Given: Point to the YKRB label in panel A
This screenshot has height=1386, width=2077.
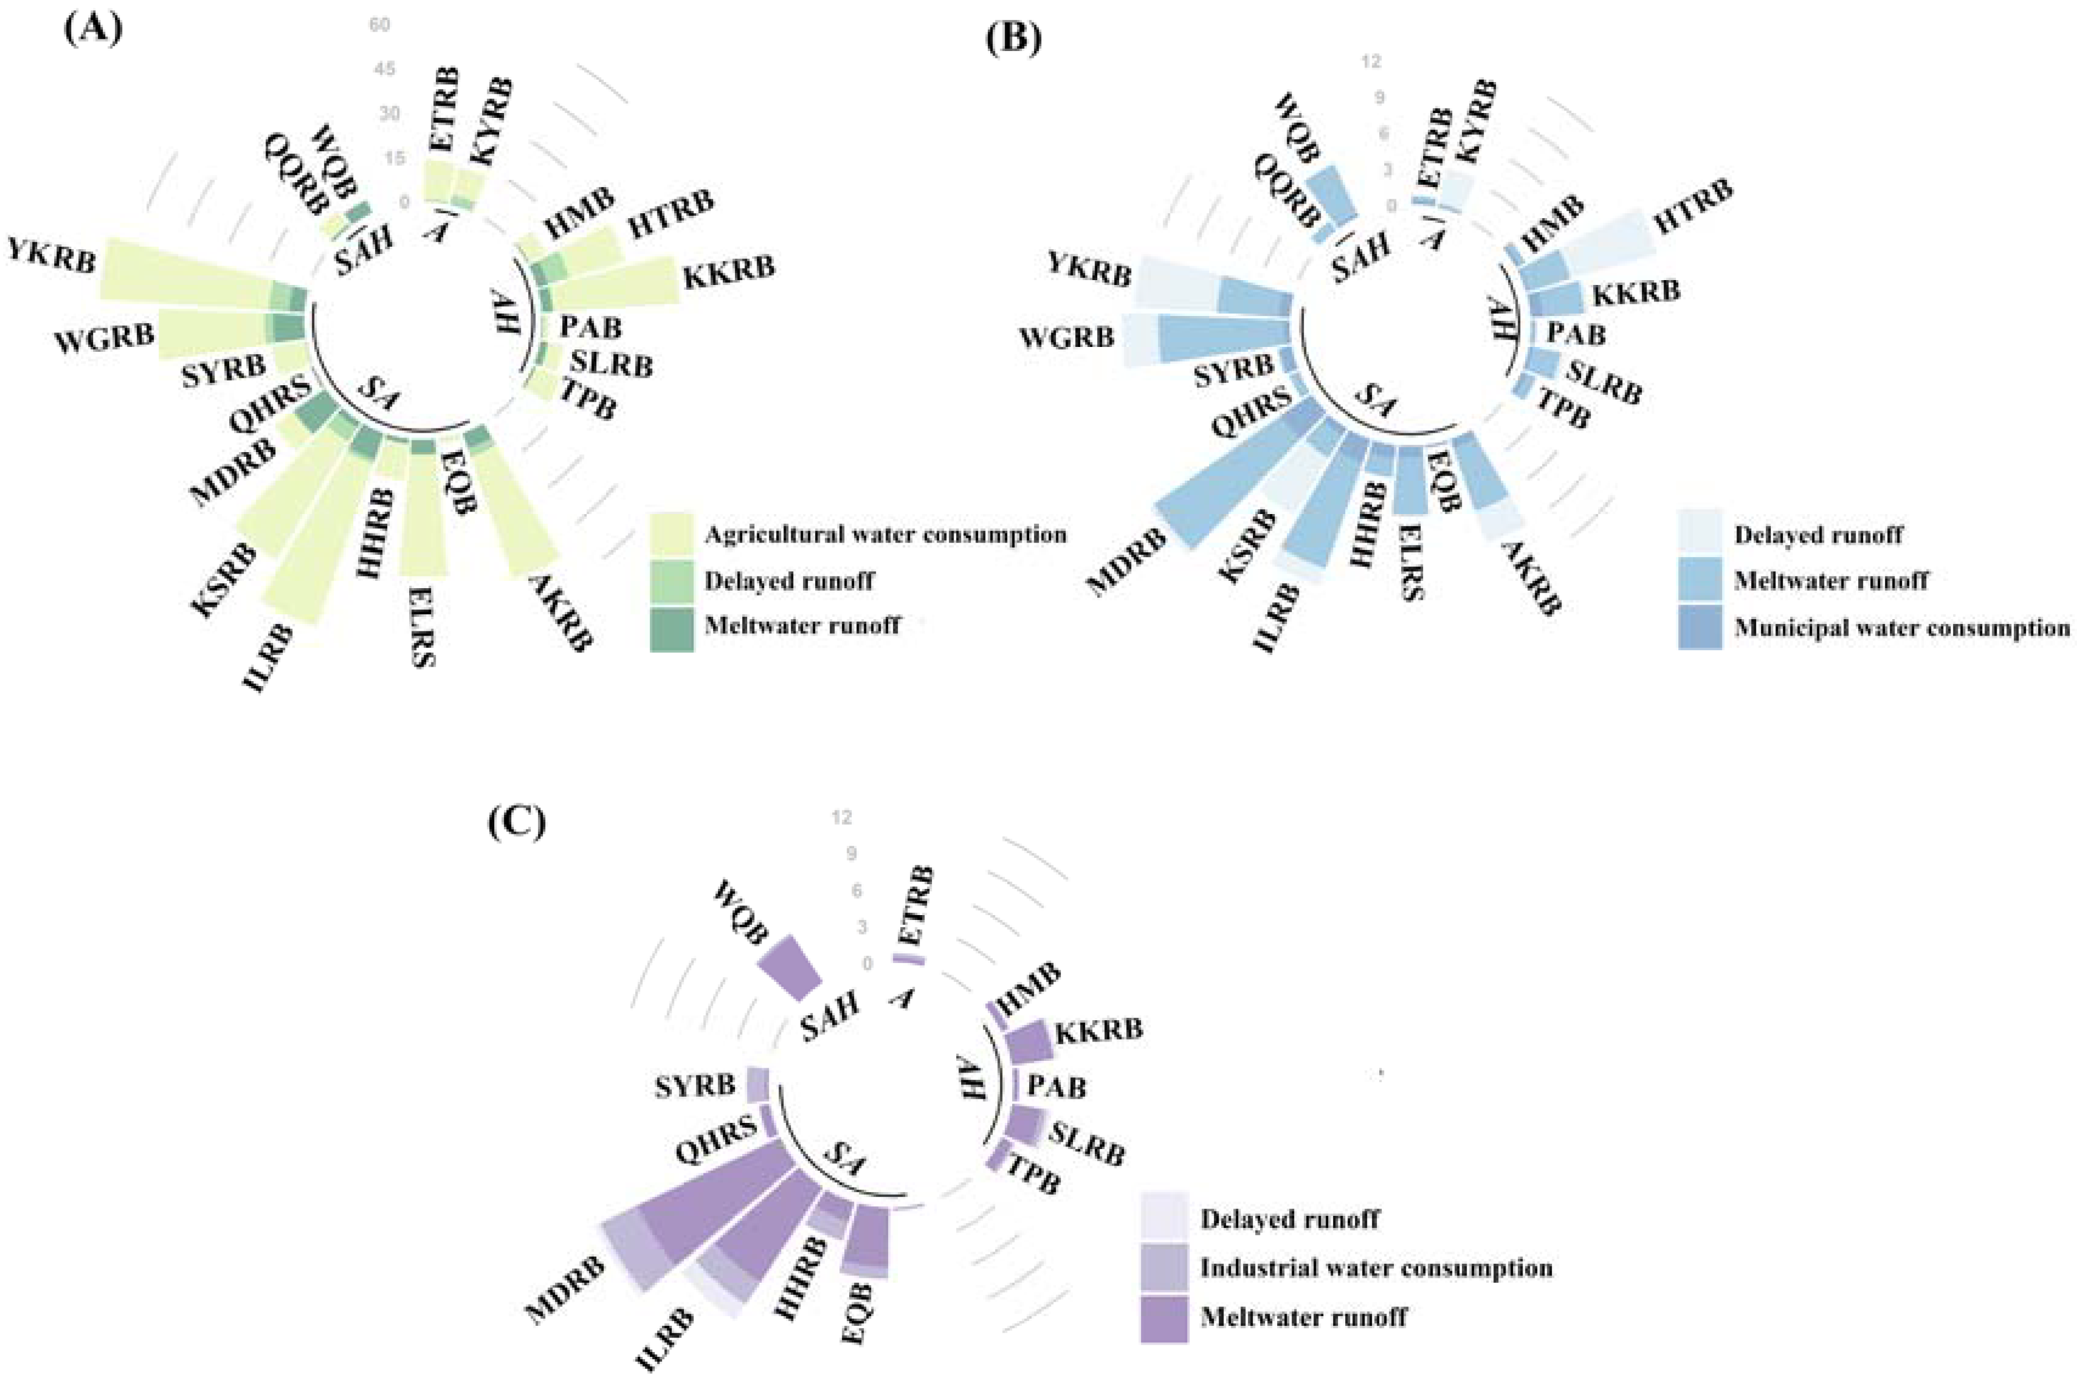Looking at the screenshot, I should pyautogui.click(x=51, y=255).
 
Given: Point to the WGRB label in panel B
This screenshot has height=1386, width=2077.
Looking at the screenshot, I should pyautogui.click(x=1066, y=338).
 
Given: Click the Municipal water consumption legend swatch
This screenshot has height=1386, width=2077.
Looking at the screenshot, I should pyautogui.click(x=1700, y=628).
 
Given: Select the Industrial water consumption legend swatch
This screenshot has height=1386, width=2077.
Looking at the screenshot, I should pyautogui.click(x=1163, y=1268).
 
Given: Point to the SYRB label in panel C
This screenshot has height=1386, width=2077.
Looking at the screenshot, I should pyautogui.click(x=695, y=1085).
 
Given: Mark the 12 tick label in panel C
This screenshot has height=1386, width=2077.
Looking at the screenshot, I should pyautogui.click(x=841, y=818).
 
